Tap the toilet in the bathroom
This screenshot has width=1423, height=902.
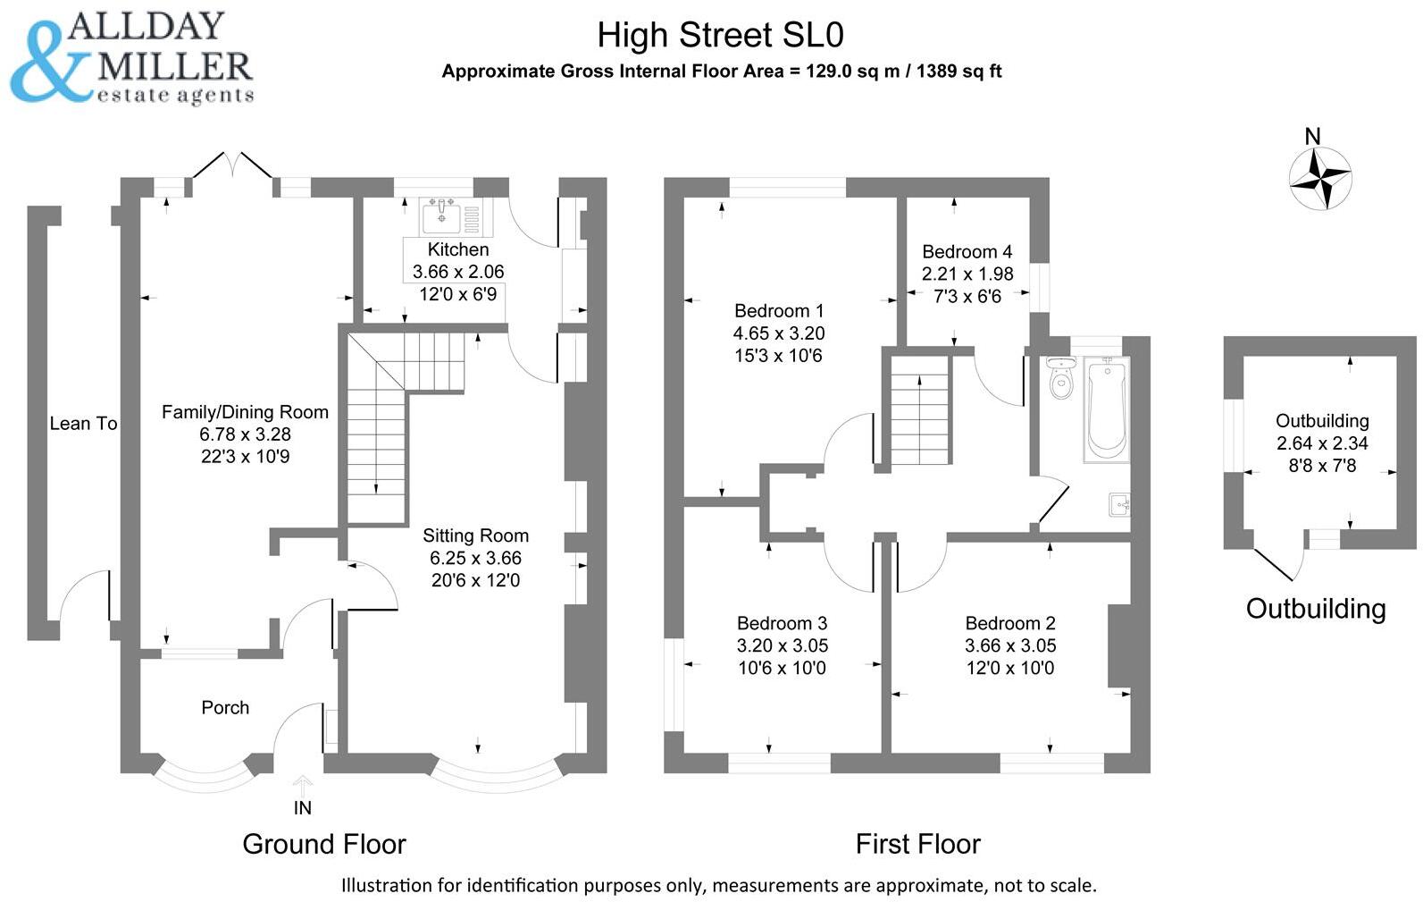[x=1061, y=379]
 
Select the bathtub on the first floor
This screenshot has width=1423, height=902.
[x=1106, y=409]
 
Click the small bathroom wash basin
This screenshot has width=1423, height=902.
[x=1118, y=505]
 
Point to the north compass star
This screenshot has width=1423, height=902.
[x=1319, y=179]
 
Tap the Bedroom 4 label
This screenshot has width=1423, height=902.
[x=967, y=252]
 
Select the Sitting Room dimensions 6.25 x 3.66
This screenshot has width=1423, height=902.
[x=475, y=558]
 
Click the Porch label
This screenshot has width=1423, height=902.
[x=225, y=707]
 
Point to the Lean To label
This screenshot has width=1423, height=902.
[x=83, y=424]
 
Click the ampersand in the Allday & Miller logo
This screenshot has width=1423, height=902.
[x=49, y=63]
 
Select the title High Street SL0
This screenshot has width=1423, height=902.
[x=720, y=36]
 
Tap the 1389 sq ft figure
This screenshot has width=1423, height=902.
[x=958, y=72]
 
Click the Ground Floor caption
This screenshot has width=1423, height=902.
[x=323, y=844]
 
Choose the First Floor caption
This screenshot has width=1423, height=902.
[x=917, y=844]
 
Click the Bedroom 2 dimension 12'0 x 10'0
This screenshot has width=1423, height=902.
[x=1009, y=668]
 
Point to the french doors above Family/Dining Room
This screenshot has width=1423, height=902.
[x=232, y=168]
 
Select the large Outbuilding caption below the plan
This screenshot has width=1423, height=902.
[x=1315, y=609]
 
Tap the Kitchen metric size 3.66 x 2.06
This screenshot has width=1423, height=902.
[x=457, y=272]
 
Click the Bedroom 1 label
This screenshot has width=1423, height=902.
[x=778, y=311]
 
